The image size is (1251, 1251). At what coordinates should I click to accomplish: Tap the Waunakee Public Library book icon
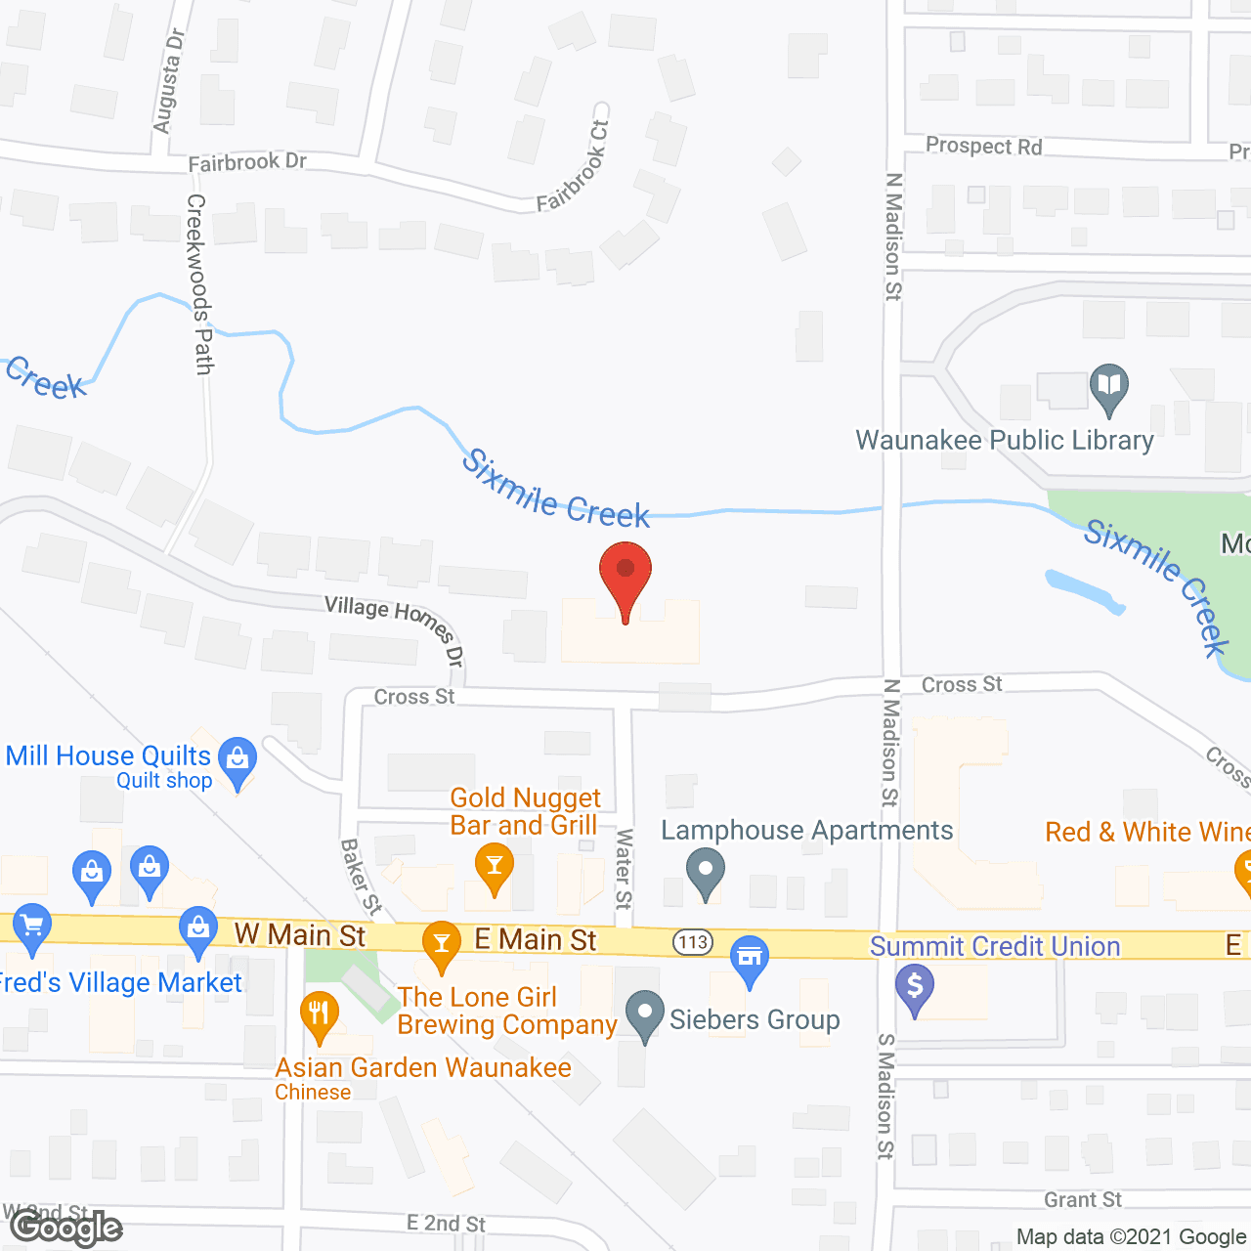1108,388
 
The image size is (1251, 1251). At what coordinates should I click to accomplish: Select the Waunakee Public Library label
1005,441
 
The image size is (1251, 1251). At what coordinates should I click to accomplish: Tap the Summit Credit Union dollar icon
915,989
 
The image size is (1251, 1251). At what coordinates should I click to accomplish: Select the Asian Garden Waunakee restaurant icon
319,1015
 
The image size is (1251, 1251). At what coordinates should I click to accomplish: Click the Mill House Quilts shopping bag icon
237,761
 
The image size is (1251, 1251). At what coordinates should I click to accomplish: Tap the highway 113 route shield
692,942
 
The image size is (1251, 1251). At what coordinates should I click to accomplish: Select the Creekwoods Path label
199,283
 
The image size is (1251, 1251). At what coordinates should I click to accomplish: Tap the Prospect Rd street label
983,147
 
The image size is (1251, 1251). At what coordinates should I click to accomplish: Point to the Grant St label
1083,1199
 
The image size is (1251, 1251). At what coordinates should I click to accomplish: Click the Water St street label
624,869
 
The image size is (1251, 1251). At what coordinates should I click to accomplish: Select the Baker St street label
360,877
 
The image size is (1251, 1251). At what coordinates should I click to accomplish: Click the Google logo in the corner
66,1228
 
